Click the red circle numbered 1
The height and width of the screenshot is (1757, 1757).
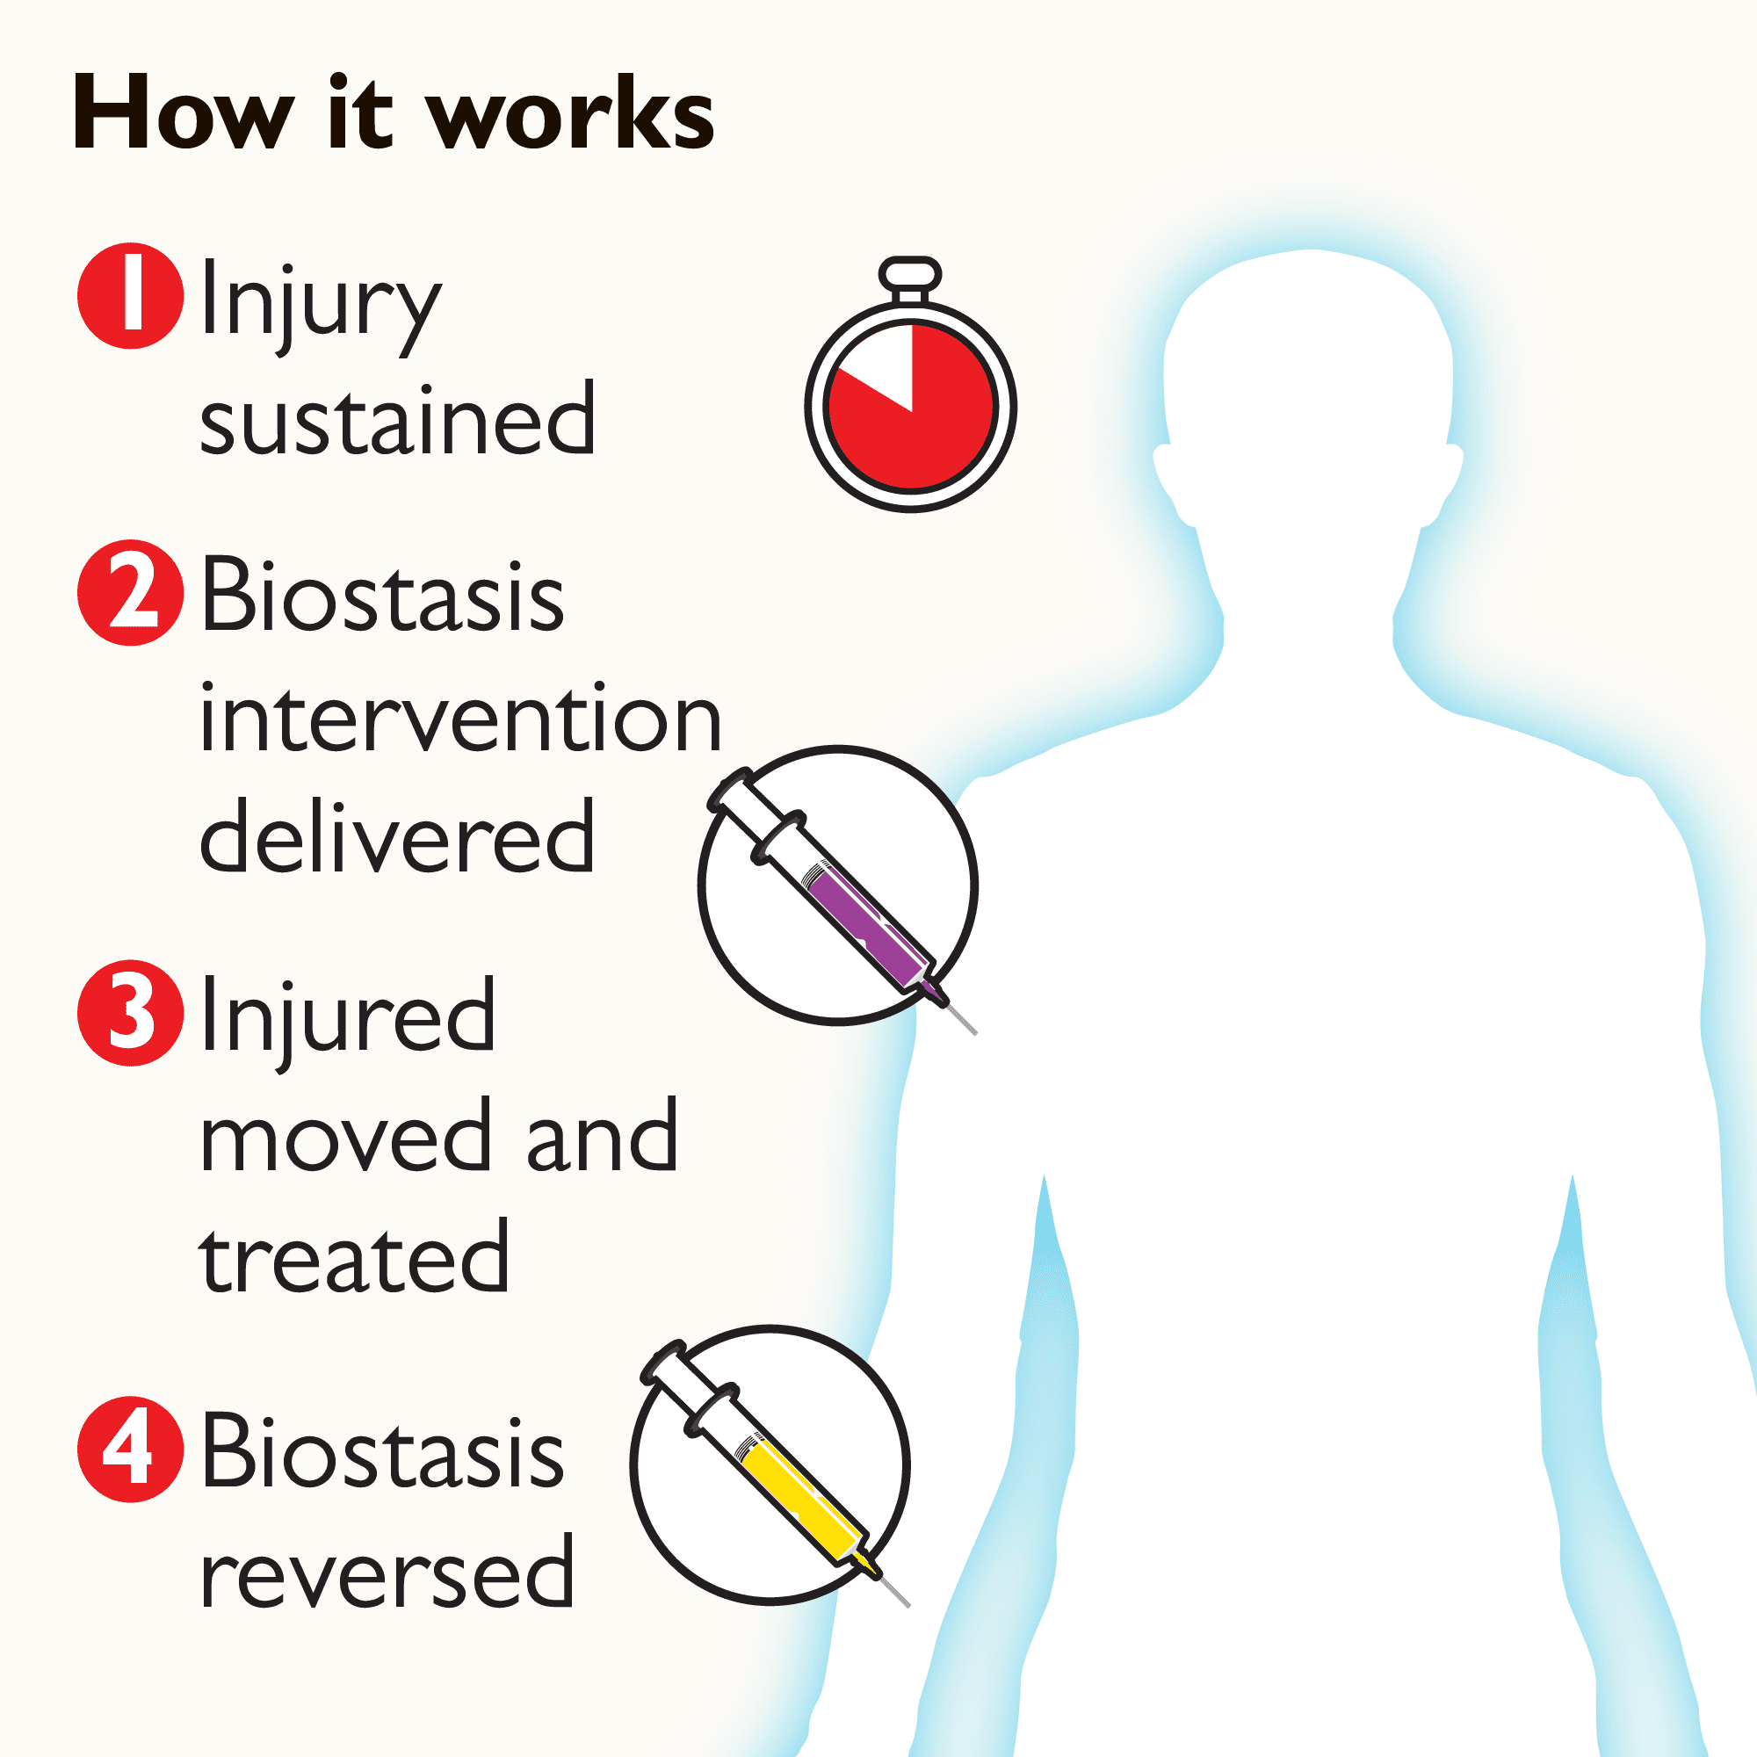tap(131, 295)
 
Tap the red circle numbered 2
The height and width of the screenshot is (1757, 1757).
tap(131, 593)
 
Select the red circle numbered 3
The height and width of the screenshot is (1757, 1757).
tap(131, 1012)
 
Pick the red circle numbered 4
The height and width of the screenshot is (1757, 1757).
tap(131, 1449)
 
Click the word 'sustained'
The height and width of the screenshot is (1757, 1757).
tap(397, 420)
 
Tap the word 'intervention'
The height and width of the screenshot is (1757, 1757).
tap(460, 719)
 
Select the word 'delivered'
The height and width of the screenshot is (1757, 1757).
tap(397, 836)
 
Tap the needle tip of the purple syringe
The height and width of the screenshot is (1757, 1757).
tap(973, 1031)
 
